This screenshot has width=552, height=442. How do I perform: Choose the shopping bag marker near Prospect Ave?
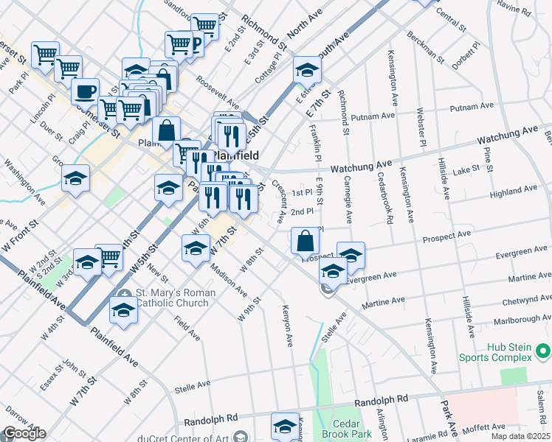[306, 240]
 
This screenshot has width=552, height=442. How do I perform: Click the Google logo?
[24, 434]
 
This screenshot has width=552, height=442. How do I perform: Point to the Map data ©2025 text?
[521, 436]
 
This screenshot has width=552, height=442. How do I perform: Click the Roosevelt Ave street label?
[218, 94]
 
